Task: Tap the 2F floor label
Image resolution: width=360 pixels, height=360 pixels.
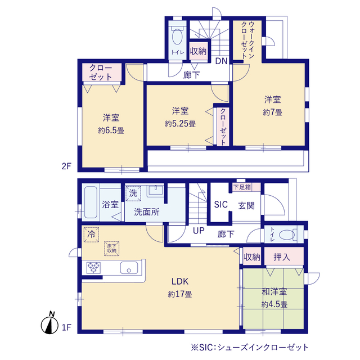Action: coord(66,166)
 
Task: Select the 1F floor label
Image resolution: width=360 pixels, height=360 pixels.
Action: coord(66,327)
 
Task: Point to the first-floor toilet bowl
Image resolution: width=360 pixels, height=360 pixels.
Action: coord(287,235)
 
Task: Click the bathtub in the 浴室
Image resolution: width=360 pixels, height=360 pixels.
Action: coord(91,202)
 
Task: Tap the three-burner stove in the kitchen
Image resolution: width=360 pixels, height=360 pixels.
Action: coord(94,268)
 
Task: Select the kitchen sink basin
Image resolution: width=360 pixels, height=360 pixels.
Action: coord(129,268)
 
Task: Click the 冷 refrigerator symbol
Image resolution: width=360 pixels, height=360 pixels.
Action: coord(91,235)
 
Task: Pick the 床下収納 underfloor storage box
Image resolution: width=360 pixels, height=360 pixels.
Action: coord(112,249)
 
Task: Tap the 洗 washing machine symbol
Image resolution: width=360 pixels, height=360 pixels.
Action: coord(133,193)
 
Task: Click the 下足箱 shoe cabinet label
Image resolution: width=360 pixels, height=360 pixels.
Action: coord(242,187)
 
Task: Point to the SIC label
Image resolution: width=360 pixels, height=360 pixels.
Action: coord(220,205)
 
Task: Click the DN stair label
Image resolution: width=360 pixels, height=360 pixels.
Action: coord(221,61)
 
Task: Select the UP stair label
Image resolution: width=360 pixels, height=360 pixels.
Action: coord(199,231)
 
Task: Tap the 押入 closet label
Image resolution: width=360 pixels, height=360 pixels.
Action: coord(282,257)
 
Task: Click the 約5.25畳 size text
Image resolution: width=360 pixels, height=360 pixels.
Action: coord(180,124)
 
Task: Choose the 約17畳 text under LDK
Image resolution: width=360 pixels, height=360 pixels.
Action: coord(180,294)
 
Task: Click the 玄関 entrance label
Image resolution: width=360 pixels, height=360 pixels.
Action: coord(246,206)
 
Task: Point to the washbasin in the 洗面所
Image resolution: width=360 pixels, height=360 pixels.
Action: coord(156,190)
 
